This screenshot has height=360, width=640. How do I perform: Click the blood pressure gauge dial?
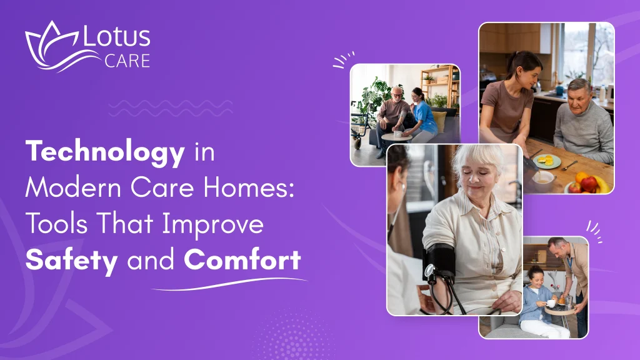click(431, 271)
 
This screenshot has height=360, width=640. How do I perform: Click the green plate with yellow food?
click(546, 161)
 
